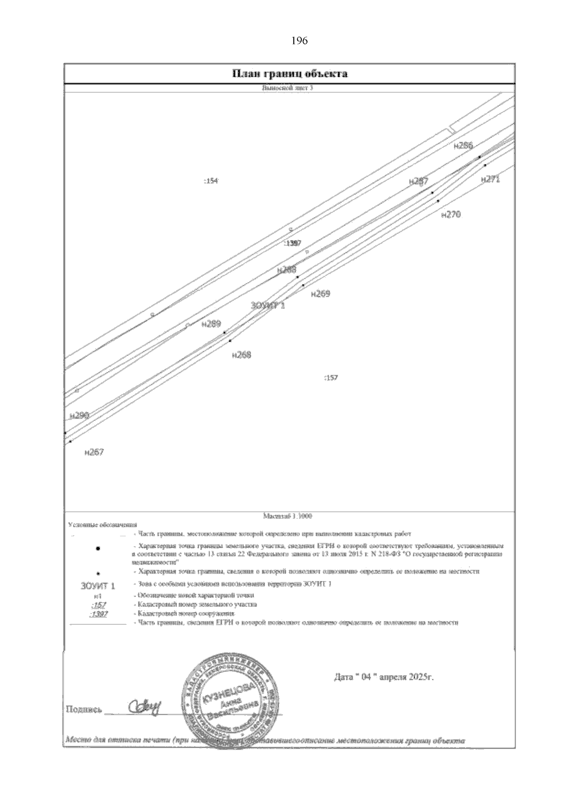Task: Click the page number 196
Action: pyautogui.click(x=299, y=41)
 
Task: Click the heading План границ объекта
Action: pyautogui.click(x=290, y=74)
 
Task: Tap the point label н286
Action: pyautogui.click(x=463, y=146)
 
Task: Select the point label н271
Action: pyautogui.click(x=491, y=179)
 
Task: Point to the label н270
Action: pyautogui.click(x=451, y=215)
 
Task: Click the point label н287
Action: pyautogui.click(x=419, y=181)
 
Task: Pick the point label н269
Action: pyautogui.click(x=321, y=294)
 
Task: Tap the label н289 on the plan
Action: pyautogui.click(x=211, y=324)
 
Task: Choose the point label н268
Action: pyautogui.click(x=242, y=355)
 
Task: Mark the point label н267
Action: pyautogui.click(x=94, y=452)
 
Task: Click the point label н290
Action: pyautogui.click(x=79, y=415)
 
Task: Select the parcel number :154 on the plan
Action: pyautogui.click(x=211, y=181)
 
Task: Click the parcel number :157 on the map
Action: pyautogui.click(x=331, y=378)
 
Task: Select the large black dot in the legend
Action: pyautogui.click(x=98, y=549)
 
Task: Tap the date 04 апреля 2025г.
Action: pyautogui.click(x=383, y=678)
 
